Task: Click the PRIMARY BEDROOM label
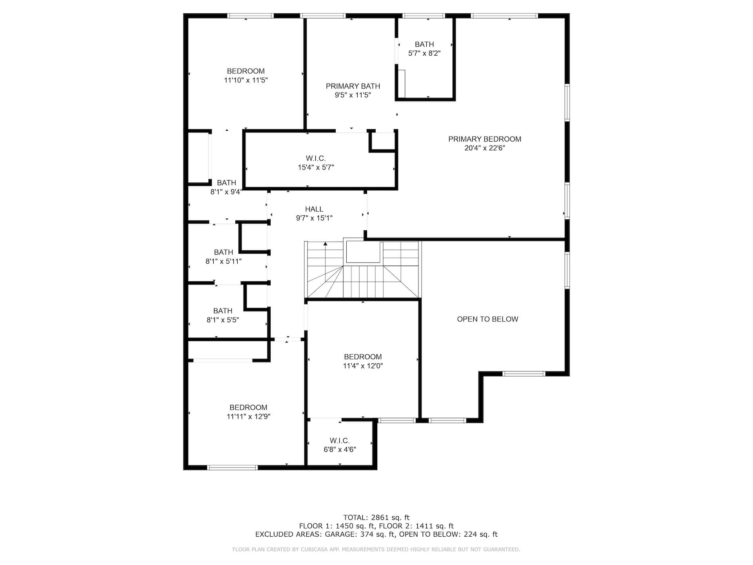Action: [x=485, y=139]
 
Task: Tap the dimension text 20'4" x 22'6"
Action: [x=485, y=148]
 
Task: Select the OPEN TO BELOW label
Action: [x=487, y=319]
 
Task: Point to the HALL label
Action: [x=314, y=210]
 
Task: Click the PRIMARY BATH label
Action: [x=353, y=86]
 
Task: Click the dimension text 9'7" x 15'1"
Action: [x=314, y=219]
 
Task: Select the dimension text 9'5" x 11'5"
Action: [x=353, y=95]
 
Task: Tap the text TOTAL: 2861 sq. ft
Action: [x=376, y=518]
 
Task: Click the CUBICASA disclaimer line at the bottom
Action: [x=376, y=550]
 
